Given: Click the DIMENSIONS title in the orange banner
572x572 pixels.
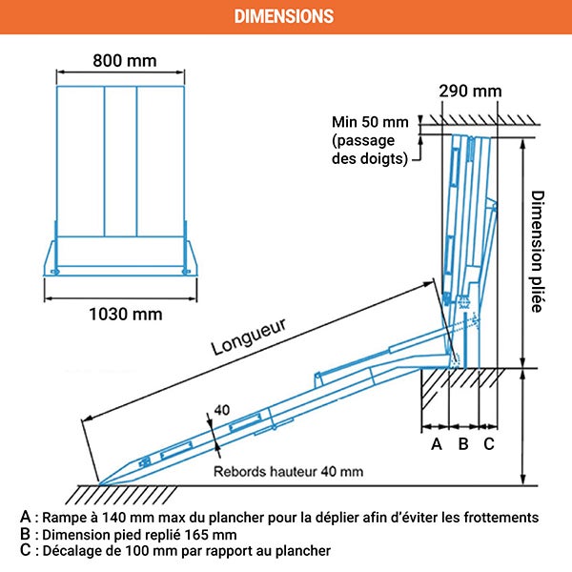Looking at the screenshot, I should pos(284,16).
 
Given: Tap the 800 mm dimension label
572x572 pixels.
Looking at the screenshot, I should pos(125,60).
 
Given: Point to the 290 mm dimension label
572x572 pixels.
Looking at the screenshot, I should pos(470,92).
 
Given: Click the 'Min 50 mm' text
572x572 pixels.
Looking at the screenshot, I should pos(370,122).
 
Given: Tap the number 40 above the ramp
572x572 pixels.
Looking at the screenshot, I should pos(221,409).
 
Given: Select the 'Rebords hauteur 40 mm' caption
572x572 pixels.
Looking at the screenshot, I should pos(288,471).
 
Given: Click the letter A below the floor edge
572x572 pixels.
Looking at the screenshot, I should pos(437,443).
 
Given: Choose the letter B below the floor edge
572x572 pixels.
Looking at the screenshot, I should pos(463,443).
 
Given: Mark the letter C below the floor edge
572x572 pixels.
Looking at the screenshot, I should pos(488,443).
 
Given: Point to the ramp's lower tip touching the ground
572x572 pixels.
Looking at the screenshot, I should pos(99,480).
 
